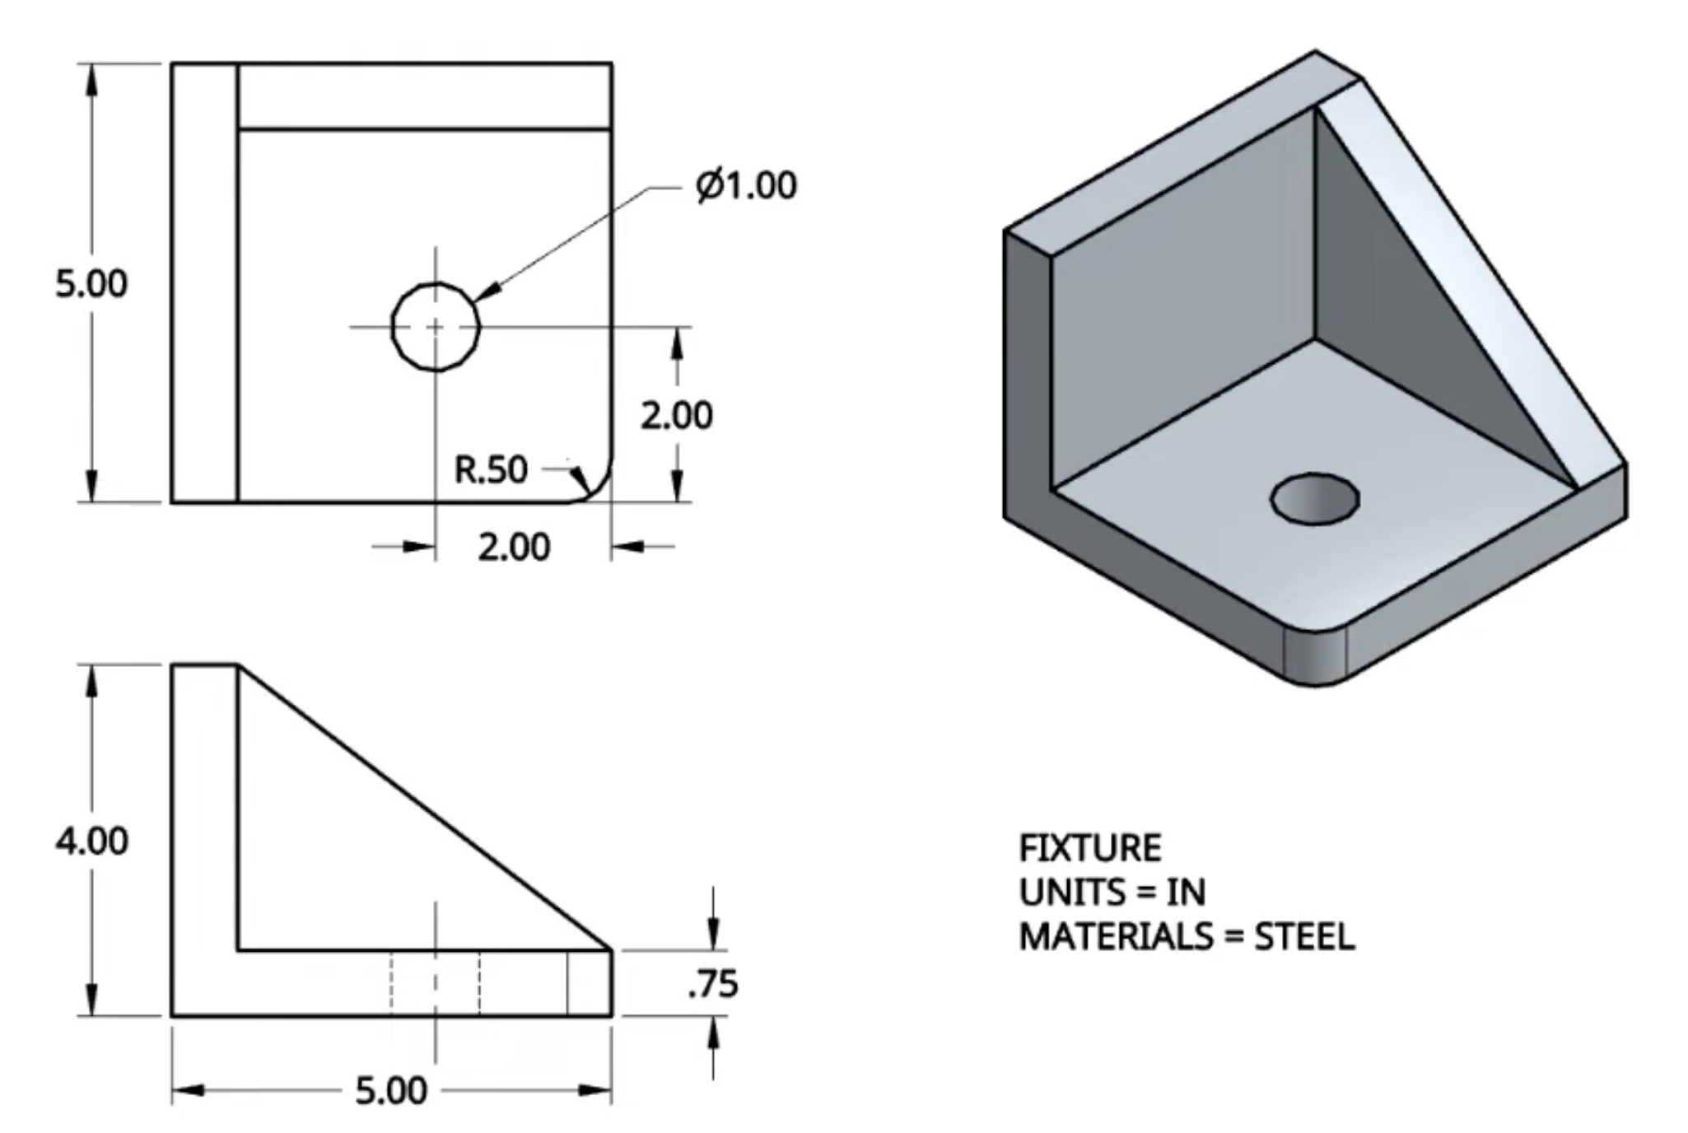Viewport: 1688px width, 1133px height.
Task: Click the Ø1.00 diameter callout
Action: pyautogui.click(x=746, y=185)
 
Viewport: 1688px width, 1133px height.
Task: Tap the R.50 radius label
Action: pyautogui.click(x=491, y=470)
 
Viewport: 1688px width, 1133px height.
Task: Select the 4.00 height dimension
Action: pyautogui.click(x=92, y=841)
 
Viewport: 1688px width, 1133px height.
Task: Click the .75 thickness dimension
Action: pyautogui.click(x=714, y=984)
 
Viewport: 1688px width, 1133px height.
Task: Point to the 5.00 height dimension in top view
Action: pyautogui.click(x=91, y=284)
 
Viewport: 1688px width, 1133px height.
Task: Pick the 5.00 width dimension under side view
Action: pyautogui.click(x=392, y=1091)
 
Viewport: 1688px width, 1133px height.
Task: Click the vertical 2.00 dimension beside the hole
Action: pyautogui.click(x=677, y=416)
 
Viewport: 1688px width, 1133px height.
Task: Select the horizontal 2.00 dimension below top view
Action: pyautogui.click(x=514, y=548)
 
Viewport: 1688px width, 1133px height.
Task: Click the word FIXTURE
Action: pyautogui.click(x=1090, y=848)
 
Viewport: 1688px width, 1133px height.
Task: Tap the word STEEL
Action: pyautogui.click(x=1304, y=937)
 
